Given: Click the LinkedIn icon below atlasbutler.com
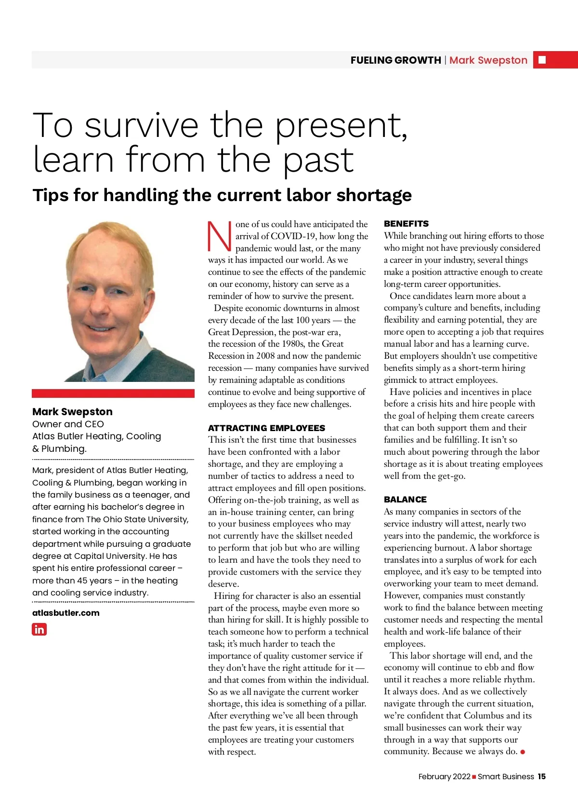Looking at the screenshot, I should [39, 629].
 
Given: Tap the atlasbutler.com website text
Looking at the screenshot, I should [66, 613].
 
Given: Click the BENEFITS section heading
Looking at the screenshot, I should [406, 224].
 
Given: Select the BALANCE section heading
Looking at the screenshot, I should [405, 500].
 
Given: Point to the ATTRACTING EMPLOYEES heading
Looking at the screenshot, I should [266, 428].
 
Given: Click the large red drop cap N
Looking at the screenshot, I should [219, 236].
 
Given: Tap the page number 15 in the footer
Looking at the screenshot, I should [542, 776].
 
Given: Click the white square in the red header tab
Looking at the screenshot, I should [542, 60].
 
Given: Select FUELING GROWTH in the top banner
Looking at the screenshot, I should [395, 60].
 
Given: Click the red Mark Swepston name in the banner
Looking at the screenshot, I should [488, 60].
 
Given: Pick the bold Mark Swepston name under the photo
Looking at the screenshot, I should [72, 412].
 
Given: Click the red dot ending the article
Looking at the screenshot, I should [523, 752].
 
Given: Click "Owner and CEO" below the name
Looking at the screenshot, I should [68, 424].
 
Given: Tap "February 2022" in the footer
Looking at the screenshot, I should [444, 776].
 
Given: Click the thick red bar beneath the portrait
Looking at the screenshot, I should [113, 393].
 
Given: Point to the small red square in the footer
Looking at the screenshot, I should [474, 777].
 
